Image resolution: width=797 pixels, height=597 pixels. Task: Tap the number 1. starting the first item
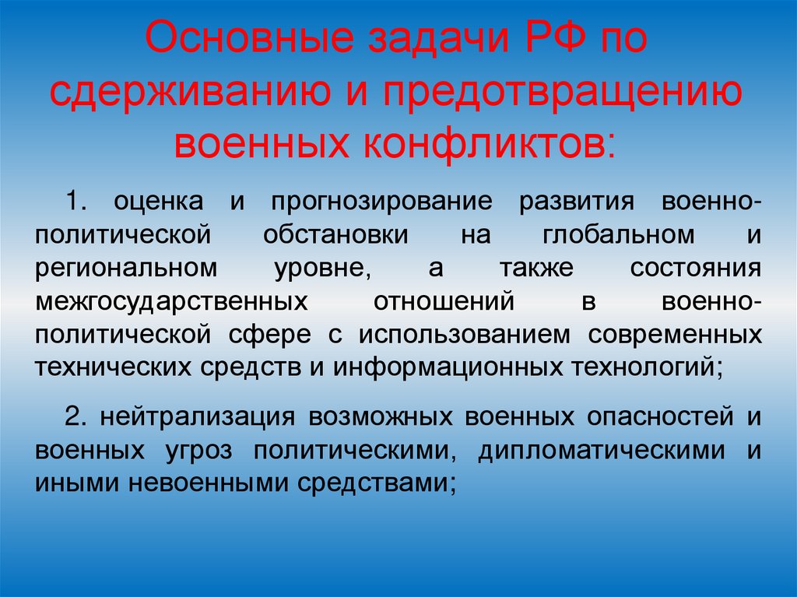click(78, 201)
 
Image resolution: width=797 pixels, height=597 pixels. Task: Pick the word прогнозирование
click(381, 201)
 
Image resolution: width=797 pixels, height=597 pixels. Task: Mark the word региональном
click(126, 268)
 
